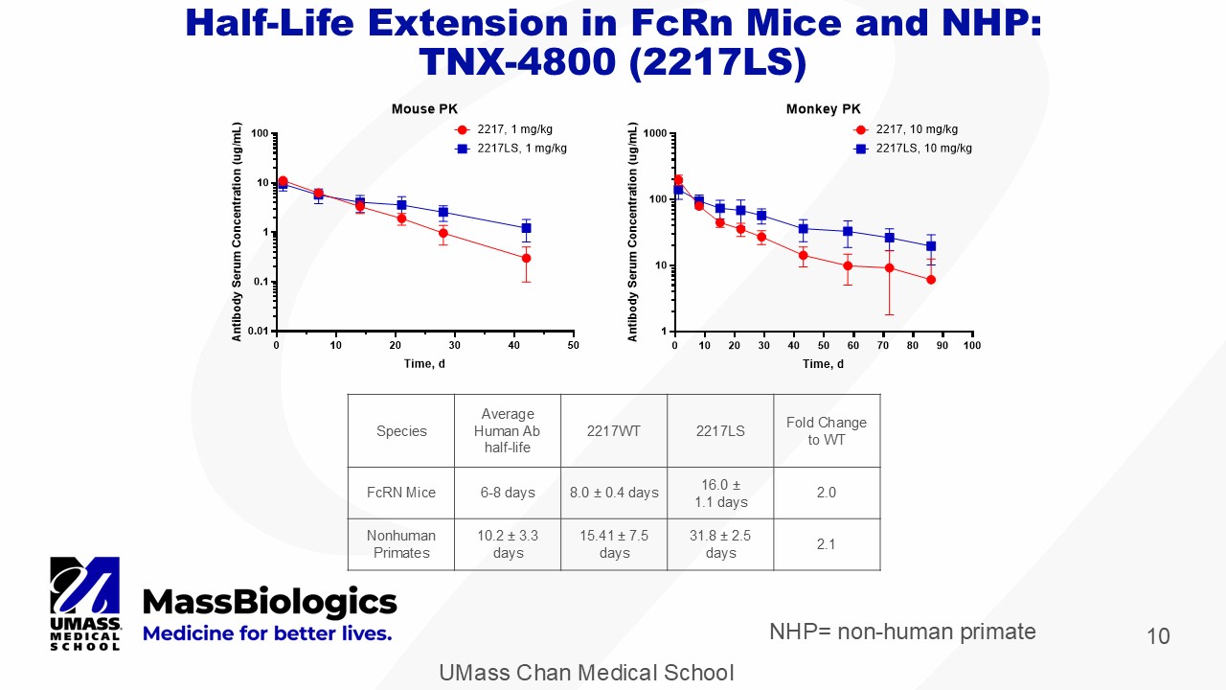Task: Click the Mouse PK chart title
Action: tap(424, 109)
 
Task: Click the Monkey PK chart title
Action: tap(823, 109)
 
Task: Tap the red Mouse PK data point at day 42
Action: tap(526, 258)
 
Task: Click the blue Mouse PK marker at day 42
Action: tap(526, 228)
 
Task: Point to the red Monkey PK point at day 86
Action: tap(930, 280)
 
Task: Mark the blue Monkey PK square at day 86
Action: tap(930, 246)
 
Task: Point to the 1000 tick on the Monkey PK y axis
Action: tap(654, 133)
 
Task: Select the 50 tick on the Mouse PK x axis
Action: tap(573, 345)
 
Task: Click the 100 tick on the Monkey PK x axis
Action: tap(971, 345)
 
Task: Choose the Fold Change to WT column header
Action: tap(826, 430)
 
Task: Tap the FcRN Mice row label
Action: tap(401, 493)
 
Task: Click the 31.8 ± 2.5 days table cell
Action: tap(720, 544)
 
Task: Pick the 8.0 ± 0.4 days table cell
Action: tap(614, 493)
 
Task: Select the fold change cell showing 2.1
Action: tap(826, 544)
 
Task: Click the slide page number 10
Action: tap(1158, 636)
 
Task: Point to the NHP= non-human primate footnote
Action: tap(902, 632)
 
